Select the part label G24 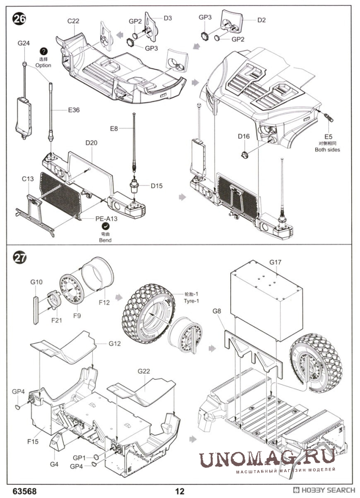pyautogui.click(x=23, y=43)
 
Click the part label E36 pyautogui.click(x=74, y=110)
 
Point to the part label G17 pyautogui.click(x=276, y=262)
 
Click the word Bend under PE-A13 pyautogui.click(x=105, y=240)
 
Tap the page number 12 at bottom pyautogui.click(x=180, y=491)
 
